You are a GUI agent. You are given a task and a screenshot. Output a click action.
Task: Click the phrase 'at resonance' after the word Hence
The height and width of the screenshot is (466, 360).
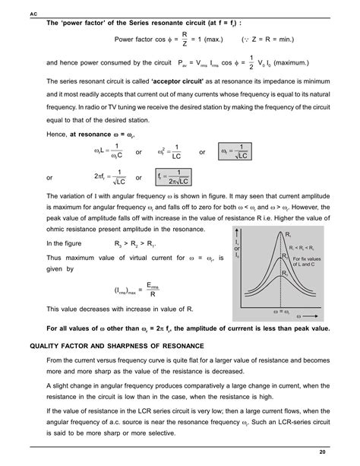[92, 133]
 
